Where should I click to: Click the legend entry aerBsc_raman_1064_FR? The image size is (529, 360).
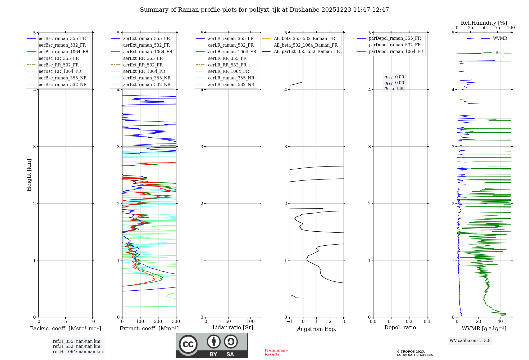(63, 52)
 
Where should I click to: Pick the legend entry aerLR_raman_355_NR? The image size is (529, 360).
(231, 78)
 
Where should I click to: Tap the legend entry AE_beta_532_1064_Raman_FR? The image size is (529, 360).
(305, 45)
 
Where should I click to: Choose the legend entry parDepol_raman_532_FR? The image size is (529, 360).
(395, 45)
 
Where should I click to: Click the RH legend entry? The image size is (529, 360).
(498, 53)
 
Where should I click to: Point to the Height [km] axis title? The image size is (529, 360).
(29, 175)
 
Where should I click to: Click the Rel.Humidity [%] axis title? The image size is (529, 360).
(484, 23)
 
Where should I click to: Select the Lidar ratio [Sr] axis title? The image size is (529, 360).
(232, 327)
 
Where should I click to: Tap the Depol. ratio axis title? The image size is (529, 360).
(400, 327)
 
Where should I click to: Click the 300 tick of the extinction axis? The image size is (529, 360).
(176, 322)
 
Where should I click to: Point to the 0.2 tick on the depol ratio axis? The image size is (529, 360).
(409, 322)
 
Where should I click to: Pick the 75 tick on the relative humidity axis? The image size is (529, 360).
(498, 28)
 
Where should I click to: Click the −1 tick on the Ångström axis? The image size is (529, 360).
(289, 322)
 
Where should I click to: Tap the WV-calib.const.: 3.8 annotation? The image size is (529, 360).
(470, 341)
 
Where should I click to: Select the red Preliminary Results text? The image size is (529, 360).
(276, 352)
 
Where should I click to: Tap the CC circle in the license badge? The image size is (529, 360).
(188, 344)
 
